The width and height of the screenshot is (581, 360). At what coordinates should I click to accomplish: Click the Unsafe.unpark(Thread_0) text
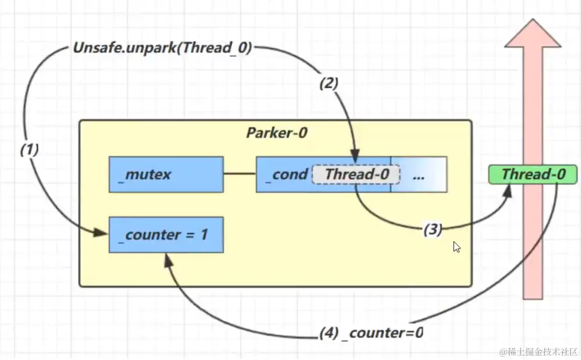coord(163,48)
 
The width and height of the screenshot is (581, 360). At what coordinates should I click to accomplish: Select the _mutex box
coord(166,174)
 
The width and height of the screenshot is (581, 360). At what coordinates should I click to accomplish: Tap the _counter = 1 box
coord(166,235)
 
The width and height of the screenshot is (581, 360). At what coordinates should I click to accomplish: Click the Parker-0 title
coord(277,133)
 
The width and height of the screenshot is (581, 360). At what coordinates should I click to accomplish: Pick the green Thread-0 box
coord(533,174)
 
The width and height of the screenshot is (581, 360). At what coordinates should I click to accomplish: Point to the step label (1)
coord(29,150)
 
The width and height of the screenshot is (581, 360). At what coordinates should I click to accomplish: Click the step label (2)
coord(329,83)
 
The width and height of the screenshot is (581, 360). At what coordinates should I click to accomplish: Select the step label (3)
coord(432,229)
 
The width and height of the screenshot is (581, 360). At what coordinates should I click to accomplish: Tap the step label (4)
coord(329,333)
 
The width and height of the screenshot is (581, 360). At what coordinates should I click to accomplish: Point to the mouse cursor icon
coord(457,247)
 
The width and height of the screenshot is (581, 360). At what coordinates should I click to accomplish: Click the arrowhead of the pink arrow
coord(532,34)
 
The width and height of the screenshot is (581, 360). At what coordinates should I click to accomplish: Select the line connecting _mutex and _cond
coord(240,174)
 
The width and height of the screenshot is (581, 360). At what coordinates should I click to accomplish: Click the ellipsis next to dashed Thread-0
coord(418,175)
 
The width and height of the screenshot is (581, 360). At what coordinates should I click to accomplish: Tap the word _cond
coord(287,174)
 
